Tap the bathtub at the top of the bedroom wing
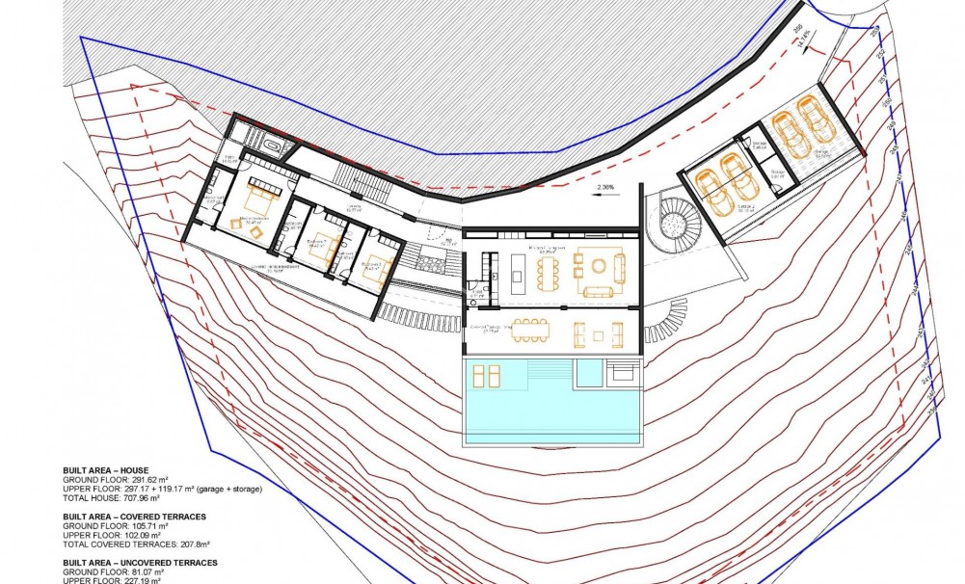pyautogui.click(x=273, y=146)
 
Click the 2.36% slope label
pyautogui.click(x=605, y=186)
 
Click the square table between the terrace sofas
pyautogui.click(x=599, y=335)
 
